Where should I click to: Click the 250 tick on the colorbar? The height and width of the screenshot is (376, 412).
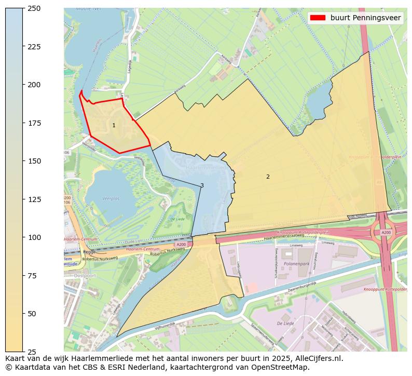tap(24, 8)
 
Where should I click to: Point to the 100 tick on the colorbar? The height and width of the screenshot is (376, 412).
tap(24, 237)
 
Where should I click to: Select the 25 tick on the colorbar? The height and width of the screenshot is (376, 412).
tap(24, 352)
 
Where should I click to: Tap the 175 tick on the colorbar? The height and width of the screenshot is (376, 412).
tap(24, 123)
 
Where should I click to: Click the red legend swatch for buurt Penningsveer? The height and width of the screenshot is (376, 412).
tap(317, 18)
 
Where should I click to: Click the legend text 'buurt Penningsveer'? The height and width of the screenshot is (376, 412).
tap(365, 18)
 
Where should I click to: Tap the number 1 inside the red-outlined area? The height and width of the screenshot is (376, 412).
tap(114, 126)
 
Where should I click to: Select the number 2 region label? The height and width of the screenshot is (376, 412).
tap(268, 177)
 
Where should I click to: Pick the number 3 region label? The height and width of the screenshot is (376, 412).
tap(202, 185)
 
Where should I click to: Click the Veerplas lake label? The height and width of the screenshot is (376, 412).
tap(111, 198)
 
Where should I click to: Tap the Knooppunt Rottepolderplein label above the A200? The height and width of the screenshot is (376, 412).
tap(304, 233)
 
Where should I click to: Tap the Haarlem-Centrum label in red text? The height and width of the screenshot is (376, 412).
tap(77, 239)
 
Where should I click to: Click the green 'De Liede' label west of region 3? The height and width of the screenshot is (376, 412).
tap(178, 219)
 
